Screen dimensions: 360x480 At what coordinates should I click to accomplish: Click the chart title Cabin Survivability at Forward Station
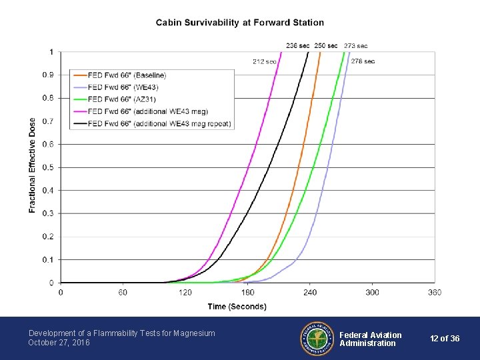click(240, 23)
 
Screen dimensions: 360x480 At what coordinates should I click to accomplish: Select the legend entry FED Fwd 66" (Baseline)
click(127, 75)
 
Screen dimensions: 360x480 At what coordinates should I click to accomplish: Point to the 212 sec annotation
click(264, 61)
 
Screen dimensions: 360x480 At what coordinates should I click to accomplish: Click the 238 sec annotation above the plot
click(297, 45)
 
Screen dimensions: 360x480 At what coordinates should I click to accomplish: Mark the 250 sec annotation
click(326, 45)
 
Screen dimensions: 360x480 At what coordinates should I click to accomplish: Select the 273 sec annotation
click(355, 46)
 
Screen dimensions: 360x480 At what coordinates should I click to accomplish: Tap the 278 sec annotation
click(363, 61)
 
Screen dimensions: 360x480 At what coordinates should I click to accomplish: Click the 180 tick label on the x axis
click(247, 293)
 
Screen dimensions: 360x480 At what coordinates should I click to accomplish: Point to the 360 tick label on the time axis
click(434, 293)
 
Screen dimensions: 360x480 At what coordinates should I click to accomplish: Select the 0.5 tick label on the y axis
click(49, 167)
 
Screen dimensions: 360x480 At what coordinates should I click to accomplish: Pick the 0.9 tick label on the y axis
click(49, 75)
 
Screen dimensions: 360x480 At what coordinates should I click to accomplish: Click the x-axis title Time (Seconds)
click(237, 307)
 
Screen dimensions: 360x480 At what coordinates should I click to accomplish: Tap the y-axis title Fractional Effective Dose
click(33, 165)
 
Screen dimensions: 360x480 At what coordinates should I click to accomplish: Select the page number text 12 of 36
click(445, 339)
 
